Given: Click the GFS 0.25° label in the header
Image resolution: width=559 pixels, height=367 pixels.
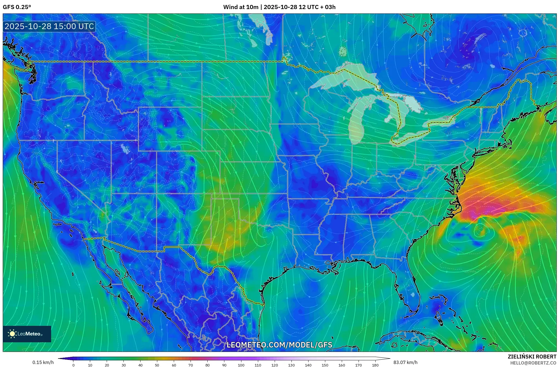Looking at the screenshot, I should tap(17, 7).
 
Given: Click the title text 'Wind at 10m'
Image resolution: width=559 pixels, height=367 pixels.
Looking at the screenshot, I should tap(241, 7).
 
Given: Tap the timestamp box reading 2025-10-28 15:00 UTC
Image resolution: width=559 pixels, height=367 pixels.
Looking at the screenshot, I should tap(49, 26).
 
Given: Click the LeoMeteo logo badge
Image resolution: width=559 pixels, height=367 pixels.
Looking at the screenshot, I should tap(27, 334).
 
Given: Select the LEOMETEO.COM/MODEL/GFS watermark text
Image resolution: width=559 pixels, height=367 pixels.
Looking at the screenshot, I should tap(279, 345).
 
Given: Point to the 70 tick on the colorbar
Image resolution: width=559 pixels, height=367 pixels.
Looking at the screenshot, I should tap(191, 365).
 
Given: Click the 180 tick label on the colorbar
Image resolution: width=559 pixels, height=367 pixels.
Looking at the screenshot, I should tap(375, 365).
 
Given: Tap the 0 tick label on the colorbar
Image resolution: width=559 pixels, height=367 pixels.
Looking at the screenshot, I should tap(73, 365).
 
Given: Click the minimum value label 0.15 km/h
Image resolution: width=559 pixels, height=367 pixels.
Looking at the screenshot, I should tap(43, 362).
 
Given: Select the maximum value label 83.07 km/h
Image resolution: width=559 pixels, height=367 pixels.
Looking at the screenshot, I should tap(405, 362).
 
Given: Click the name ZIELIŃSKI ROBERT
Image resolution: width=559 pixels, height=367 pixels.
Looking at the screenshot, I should tap(532, 357).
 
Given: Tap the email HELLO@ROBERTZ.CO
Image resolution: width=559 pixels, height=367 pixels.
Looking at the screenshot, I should tap(533, 363).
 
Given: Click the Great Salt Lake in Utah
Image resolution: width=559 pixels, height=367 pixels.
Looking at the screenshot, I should tap(125, 149).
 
